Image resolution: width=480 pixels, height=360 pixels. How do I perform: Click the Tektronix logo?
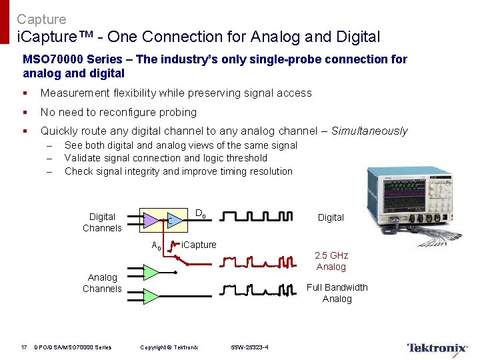437,347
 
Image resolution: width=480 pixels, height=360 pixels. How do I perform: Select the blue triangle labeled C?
173,220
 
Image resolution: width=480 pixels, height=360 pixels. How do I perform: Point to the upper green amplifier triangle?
151,272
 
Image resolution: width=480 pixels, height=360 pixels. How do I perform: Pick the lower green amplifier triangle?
151,295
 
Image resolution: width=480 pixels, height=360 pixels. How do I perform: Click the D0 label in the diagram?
200,214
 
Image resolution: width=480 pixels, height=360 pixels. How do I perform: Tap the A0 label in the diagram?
157,245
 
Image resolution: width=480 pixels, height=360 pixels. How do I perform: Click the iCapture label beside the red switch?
199,245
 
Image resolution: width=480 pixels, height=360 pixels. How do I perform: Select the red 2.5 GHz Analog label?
331,261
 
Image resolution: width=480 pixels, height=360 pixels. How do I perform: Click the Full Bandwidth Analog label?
337,293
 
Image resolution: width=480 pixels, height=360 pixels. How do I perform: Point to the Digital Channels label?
102,222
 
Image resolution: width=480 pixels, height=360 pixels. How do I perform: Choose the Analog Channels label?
102,283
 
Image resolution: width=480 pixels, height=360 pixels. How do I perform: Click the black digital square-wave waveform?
257,217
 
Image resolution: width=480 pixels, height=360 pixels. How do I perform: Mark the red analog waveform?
257,261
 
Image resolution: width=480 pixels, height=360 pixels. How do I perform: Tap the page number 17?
23,347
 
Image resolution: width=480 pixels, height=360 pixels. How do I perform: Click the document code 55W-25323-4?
250,347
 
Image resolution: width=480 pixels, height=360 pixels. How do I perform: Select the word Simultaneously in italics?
369,131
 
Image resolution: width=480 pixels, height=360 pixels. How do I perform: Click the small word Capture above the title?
41,20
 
